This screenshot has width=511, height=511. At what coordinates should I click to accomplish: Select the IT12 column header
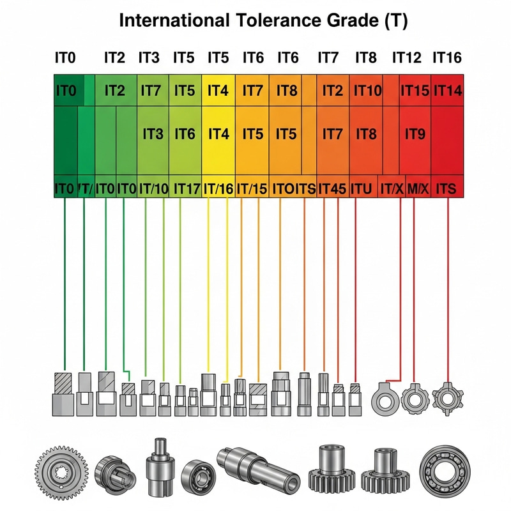tap(406, 57)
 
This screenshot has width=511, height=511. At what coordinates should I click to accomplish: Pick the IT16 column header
tap(447, 57)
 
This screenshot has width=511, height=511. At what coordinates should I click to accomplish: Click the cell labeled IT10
tap(367, 91)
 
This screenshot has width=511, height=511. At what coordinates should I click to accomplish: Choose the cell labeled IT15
tap(415, 91)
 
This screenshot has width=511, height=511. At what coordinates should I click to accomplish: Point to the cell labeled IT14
tap(448, 91)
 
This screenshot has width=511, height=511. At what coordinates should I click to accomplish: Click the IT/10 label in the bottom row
tap(153, 188)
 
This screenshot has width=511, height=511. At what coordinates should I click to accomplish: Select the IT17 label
tap(187, 188)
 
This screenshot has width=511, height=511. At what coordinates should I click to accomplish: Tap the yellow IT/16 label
tap(218, 188)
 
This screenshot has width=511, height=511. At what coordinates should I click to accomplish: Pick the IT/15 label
tap(252, 188)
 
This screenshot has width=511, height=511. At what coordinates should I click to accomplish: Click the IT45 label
tap(332, 188)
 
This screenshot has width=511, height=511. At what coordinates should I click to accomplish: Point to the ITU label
tap(362, 188)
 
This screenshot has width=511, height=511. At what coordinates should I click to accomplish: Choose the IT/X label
tap(391, 188)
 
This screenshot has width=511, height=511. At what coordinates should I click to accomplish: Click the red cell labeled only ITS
tap(448, 188)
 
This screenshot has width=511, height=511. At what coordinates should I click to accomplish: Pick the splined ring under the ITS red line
tap(446, 398)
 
